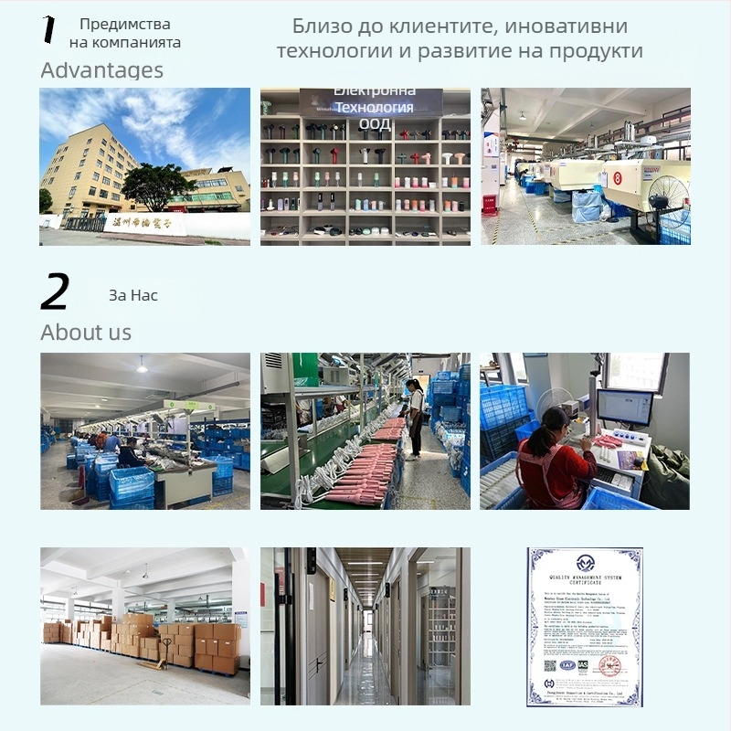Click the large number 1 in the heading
click(x=49, y=29)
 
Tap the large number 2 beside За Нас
click(x=55, y=293)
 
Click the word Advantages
click(x=101, y=70)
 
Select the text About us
click(x=86, y=333)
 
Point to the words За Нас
click(x=133, y=295)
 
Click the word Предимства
click(x=125, y=25)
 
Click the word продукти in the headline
click(x=596, y=50)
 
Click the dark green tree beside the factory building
click(x=155, y=184)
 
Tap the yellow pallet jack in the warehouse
click(x=164, y=652)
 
